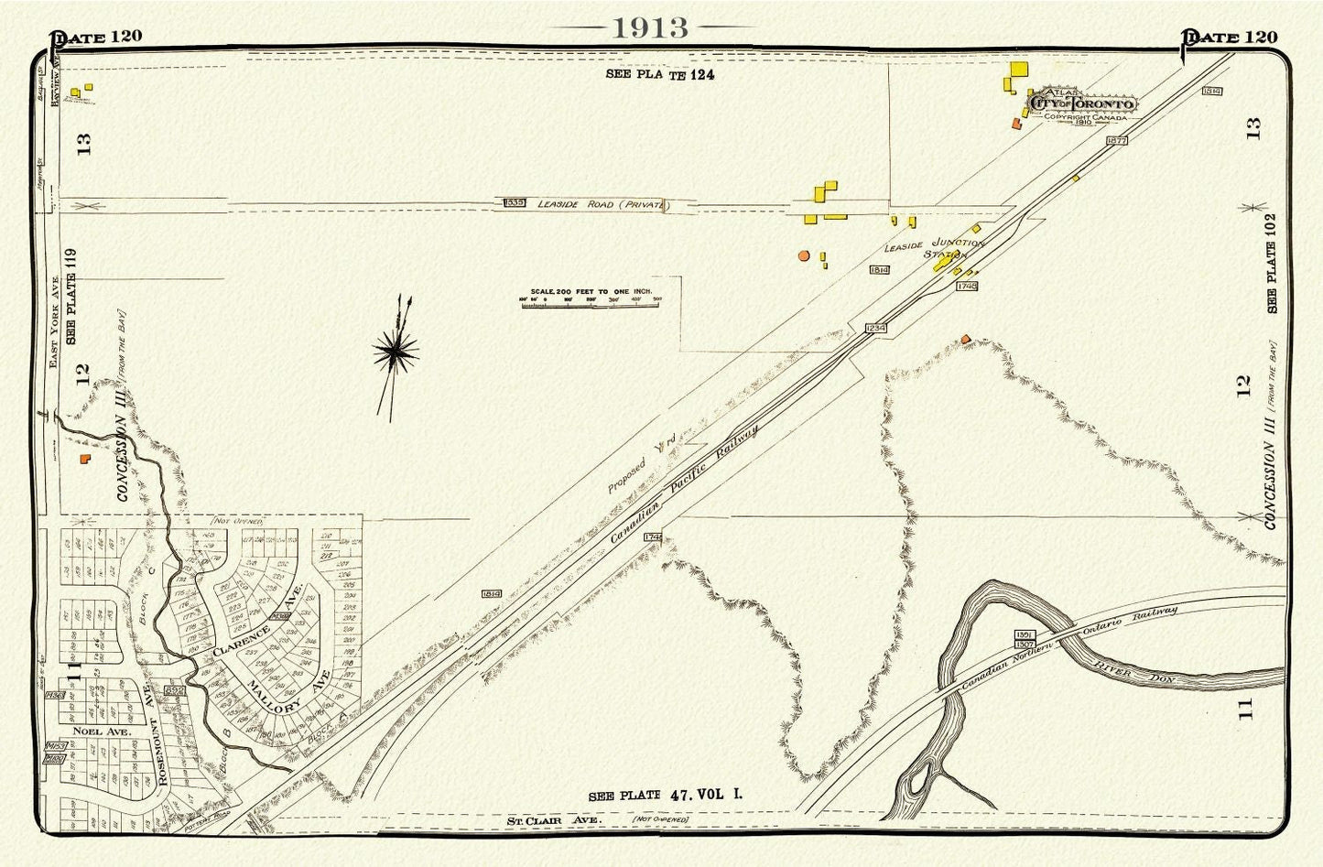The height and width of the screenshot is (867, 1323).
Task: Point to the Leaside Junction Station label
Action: click(x=934, y=249)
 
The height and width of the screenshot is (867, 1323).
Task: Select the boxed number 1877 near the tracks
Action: click(x=1115, y=140)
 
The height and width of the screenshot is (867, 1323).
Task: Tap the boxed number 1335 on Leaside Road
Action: click(x=515, y=201)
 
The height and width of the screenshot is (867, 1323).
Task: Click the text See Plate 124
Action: click(x=659, y=74)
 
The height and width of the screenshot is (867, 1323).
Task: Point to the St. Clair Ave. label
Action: click(x=555, y=820)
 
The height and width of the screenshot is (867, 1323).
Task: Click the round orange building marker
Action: click(x=804, y=255)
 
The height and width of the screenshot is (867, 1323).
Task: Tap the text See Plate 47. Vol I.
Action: click(x=666, y=795)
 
